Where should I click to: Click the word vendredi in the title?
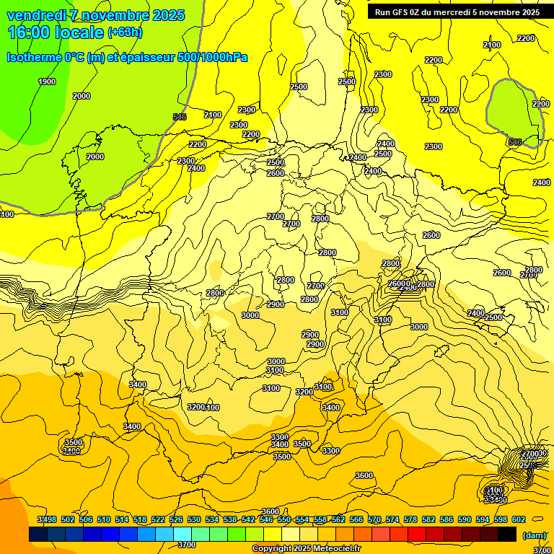[x=37, y=15]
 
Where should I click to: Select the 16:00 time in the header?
[x=28, y=32]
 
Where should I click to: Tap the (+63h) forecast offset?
[x=125, y=32]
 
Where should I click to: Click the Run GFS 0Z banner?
[x=457, y=12]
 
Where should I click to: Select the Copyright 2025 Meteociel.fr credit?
[x=307, y=548]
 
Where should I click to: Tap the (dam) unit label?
[x=535, y=535]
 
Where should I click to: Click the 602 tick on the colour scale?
[x=518, y=519]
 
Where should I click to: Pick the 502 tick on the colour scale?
[x=68, y=519]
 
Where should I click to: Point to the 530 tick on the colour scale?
[x=194, y=519]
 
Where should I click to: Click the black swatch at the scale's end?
[x=507, y=534]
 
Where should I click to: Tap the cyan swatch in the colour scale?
[x=183, y=534]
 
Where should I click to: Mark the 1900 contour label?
[x=47, y=82]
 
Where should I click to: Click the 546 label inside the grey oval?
[x=515, y=142]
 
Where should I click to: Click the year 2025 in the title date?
[x=167, y=15]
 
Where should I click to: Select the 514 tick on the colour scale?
[x=122, y=519]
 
